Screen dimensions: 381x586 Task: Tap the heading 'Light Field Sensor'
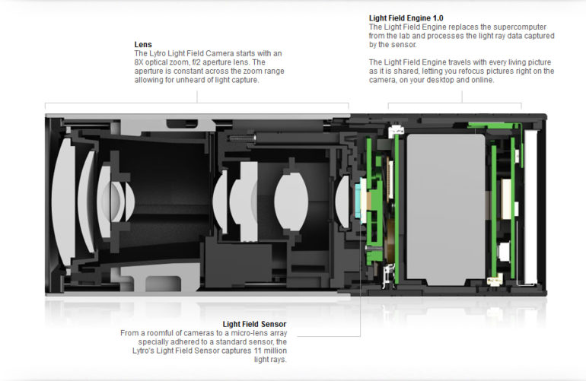click(x=254, y=324)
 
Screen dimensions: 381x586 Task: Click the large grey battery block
click(x=445, y=198)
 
